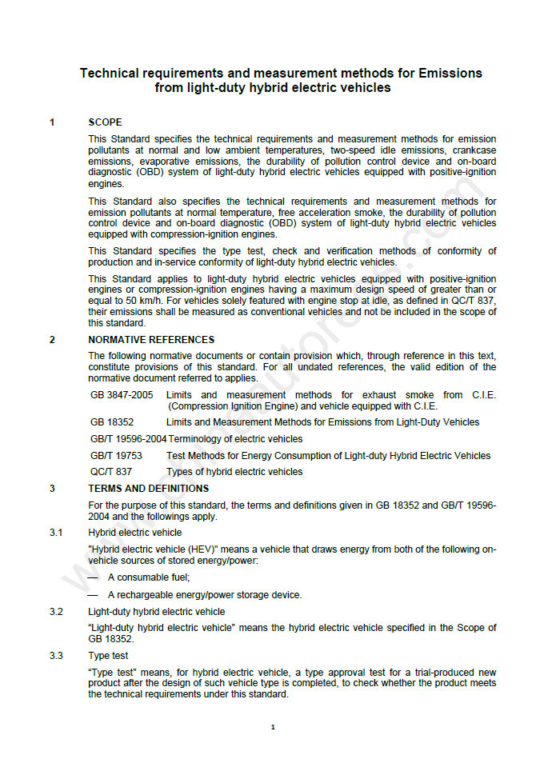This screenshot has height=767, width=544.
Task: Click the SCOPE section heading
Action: [x=105, y=122]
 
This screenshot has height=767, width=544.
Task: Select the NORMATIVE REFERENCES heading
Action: [x=151, y=340]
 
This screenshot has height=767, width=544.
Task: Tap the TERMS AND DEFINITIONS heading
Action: [x=148, y=488]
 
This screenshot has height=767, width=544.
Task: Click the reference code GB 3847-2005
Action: [x=122, y=395]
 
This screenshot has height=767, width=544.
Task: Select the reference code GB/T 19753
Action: [x=116, y=456]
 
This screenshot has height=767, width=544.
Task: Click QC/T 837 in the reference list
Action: [x=111, y=472]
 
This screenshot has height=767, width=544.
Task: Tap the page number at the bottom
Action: [x=272, y=727]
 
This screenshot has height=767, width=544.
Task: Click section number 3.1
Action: [x=56, y=533]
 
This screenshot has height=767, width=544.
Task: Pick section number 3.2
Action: [x=56, y=612]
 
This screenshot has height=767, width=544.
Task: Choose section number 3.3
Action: [x=56, y=656]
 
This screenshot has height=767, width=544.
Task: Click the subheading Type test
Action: [x=108, y=656]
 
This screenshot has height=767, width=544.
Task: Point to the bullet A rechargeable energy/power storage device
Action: [x=204, y=595]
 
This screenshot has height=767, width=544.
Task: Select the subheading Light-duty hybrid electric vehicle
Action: [x=156, y=612]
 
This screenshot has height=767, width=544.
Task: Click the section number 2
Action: [x=52, y=340]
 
